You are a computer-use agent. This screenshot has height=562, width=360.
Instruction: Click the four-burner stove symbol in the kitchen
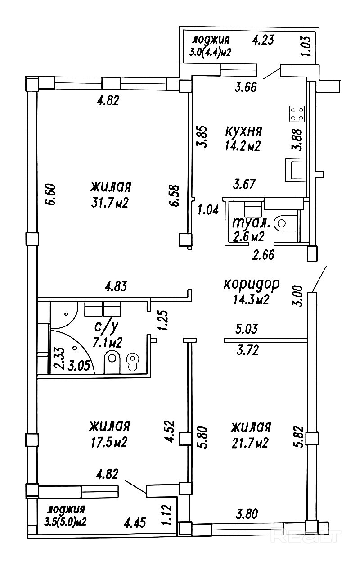297,113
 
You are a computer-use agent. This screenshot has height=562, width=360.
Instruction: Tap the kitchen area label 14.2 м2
243,145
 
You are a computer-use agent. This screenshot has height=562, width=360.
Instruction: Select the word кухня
244,131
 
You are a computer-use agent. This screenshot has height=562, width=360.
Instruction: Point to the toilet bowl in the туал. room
286,223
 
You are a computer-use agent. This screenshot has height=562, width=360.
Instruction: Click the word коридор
251,285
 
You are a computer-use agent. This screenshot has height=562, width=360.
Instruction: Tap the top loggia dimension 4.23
262,40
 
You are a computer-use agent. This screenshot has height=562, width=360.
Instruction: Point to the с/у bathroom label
106,327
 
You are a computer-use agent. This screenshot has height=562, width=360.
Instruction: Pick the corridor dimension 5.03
247,329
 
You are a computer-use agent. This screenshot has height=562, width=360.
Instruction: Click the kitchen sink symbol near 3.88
296,170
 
